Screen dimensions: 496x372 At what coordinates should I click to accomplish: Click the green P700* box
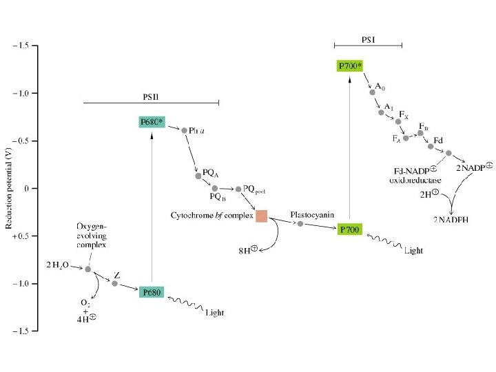pos(350,66)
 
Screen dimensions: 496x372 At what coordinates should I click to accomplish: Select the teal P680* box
pos(152,122)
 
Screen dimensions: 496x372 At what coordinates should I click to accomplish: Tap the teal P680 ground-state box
pos(152,293)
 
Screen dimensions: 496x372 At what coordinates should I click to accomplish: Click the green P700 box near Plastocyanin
pos(350,229)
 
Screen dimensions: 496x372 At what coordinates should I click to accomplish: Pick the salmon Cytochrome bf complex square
pos(262,216)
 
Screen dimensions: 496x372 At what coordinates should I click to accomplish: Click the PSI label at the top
pos(369,39)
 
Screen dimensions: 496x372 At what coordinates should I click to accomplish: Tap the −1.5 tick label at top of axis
pos(20,45)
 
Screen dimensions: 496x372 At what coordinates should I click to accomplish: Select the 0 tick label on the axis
pos(26,188)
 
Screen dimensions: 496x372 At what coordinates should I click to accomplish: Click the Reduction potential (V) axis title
pos(9,187)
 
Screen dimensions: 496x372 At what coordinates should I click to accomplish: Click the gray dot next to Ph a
pos(184,130)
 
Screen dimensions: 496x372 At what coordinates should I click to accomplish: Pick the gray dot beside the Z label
pos(114,283)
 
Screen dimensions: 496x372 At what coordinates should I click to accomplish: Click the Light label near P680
pos(214,313)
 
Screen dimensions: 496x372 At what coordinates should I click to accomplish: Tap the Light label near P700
pos(413,251)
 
